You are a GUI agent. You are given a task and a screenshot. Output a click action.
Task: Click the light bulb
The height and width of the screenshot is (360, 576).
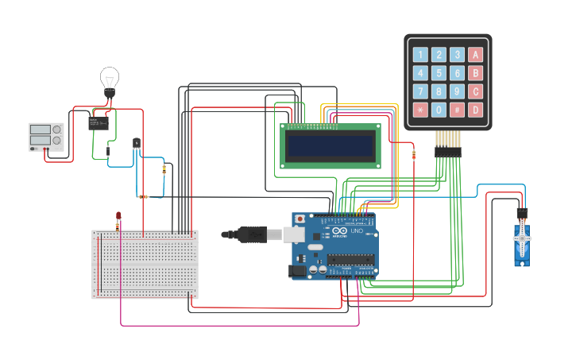110,79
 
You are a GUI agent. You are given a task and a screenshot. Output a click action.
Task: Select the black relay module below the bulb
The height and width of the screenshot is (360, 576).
99,122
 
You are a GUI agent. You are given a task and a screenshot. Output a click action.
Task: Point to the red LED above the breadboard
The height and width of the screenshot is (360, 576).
118,215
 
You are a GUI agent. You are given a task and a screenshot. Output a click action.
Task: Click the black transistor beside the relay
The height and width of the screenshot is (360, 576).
136,143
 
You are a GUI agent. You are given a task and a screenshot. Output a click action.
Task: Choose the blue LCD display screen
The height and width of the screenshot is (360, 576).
331,145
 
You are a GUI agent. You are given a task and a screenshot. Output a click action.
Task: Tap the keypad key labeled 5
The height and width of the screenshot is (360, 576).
439,73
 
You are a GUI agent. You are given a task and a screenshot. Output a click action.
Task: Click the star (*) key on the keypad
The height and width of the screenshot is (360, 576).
419,110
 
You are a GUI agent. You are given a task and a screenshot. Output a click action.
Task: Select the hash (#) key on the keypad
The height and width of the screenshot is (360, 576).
457,110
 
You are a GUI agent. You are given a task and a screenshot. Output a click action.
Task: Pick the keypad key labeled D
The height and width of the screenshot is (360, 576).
475,110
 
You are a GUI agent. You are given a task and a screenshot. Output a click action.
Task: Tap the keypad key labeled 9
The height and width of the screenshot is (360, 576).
457,91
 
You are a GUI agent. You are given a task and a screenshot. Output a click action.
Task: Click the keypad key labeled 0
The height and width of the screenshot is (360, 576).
439,110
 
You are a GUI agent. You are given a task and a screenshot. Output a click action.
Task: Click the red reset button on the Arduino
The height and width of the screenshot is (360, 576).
300,219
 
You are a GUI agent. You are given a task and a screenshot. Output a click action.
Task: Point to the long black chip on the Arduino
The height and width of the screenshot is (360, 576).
351,258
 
